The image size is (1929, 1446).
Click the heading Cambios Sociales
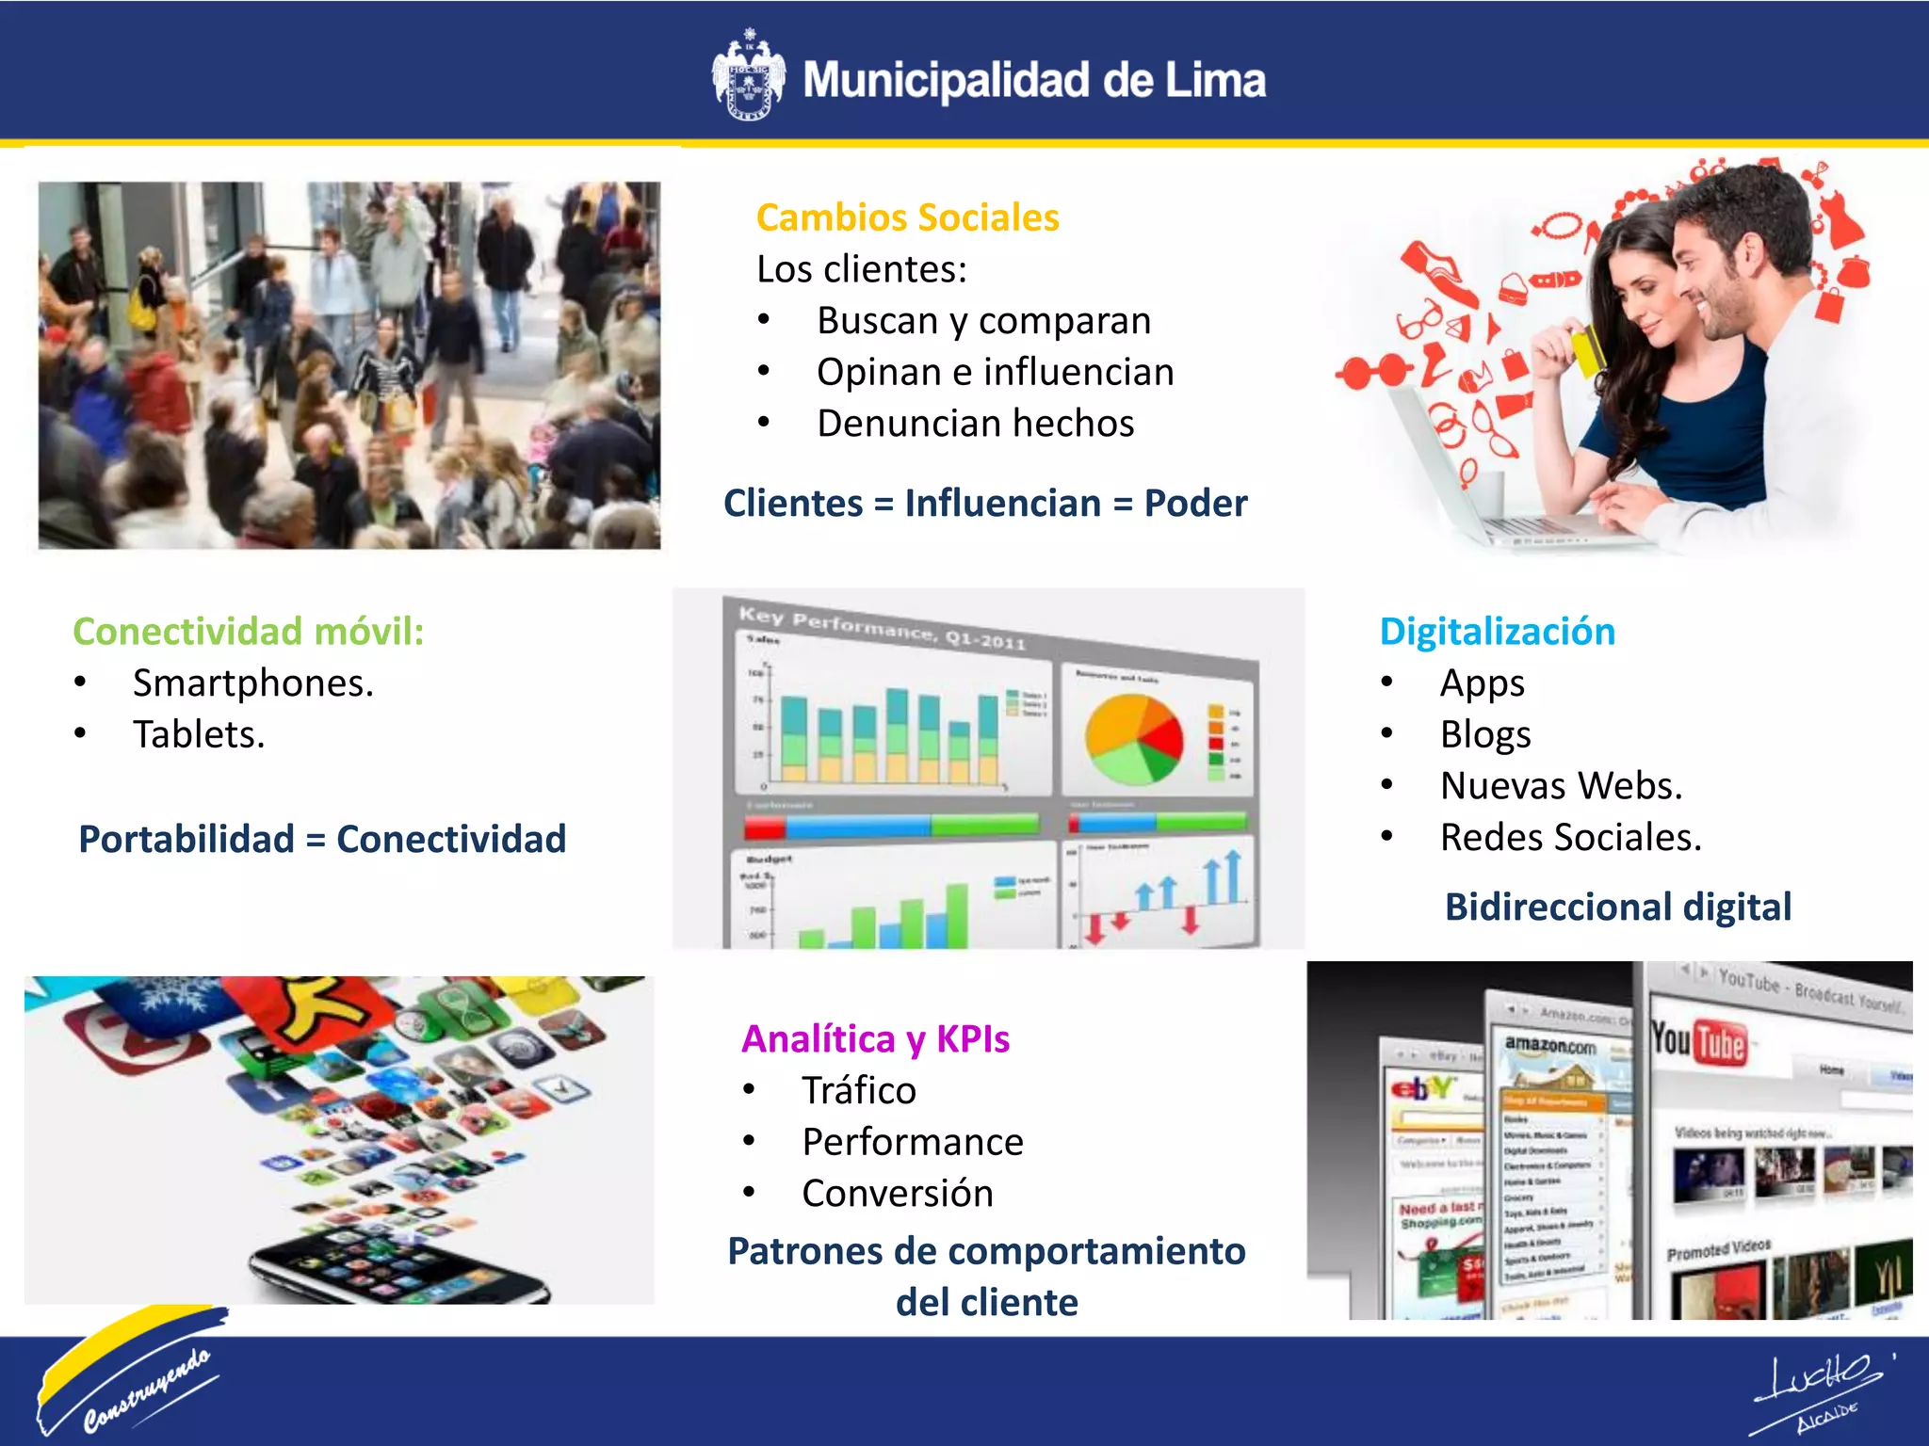pos(907,217)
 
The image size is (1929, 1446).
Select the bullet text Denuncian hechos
pos(975,424)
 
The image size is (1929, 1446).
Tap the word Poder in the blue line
pos(1195,504)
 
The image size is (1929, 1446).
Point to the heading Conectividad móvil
pos(248,632)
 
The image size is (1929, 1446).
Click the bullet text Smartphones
pos(252,683)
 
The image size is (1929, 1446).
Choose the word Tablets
pos(199,735)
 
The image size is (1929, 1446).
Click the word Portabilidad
pos(186,839)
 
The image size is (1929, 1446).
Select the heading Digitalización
pos(1497,632)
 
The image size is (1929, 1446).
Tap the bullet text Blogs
pos(1484,735)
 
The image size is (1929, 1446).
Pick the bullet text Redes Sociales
pos(1570,838)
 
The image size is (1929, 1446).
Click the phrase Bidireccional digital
pos(1617,908)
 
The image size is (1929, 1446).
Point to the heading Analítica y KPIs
pos(875,1039)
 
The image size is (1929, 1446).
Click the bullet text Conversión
pos(897,1194)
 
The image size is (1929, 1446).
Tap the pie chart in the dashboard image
pos(1133,740)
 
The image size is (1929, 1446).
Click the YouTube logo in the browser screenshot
pos(1699,1043)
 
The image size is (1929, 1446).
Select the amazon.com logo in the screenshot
pos(1549,1045)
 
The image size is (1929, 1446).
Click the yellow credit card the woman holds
pos(1589,347)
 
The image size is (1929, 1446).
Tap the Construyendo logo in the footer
pos(132,1373)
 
